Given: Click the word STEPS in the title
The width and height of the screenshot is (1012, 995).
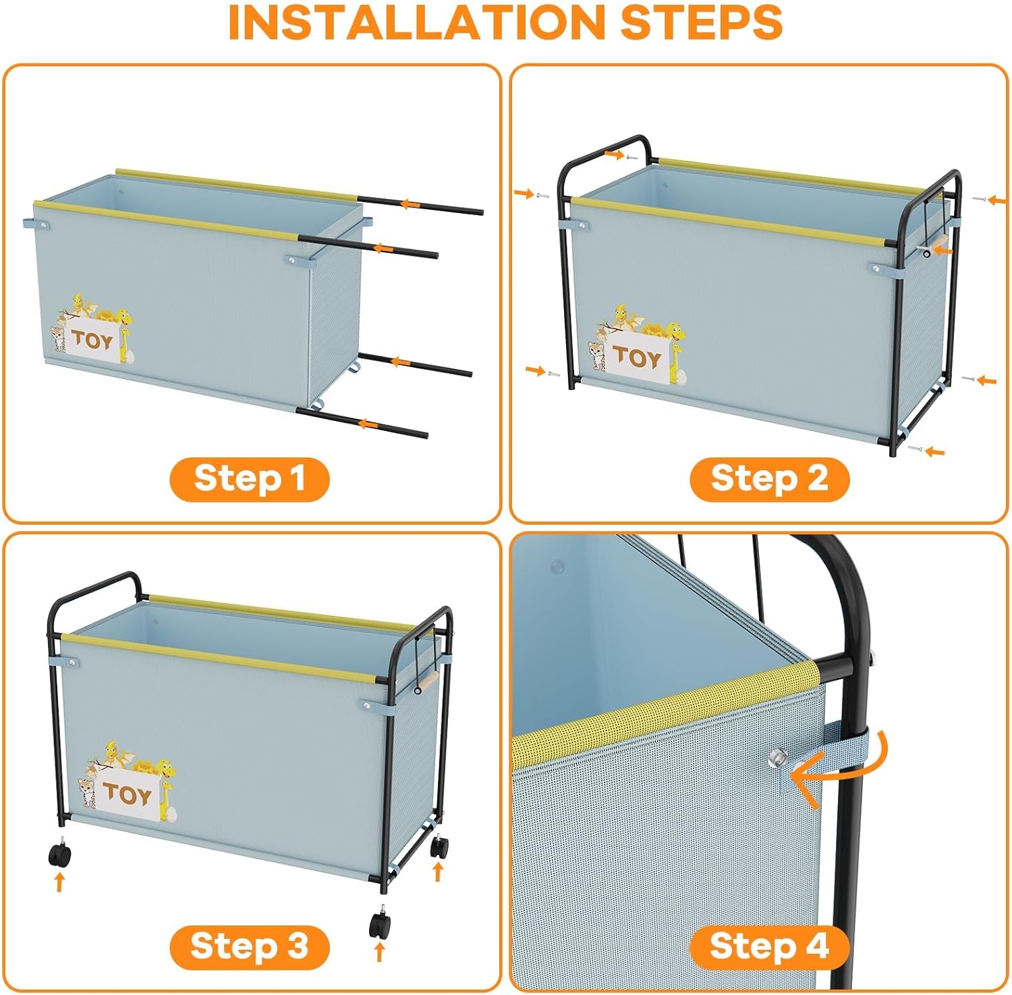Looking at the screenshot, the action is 701,22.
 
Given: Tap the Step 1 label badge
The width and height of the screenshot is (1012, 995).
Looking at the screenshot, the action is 250,479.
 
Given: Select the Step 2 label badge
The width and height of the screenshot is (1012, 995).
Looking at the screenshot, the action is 769,479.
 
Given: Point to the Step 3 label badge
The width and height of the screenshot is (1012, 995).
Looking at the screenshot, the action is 250,946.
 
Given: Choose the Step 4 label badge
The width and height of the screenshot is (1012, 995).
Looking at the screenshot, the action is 769,946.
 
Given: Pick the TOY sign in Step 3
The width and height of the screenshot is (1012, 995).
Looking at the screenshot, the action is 127,794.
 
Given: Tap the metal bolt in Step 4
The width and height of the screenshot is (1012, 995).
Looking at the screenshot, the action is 777,758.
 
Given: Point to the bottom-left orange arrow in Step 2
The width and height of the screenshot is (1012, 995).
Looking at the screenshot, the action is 535,370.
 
